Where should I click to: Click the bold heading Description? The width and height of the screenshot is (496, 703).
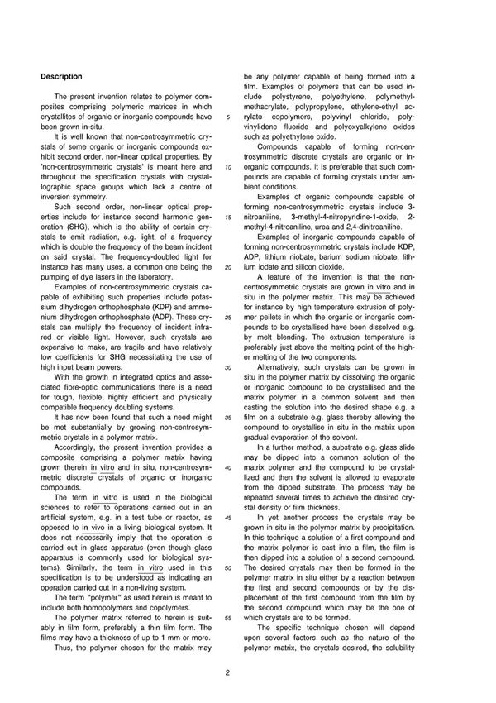tap(62, 76)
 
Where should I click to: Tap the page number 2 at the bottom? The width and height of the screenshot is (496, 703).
tap(249, 671)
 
